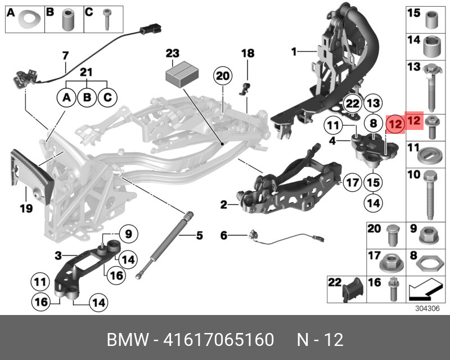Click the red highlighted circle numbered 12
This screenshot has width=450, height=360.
(395, 123)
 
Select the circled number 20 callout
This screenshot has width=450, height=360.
(223, 75)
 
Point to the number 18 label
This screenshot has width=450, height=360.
(247, 53)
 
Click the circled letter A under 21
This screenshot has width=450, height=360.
(66, 98)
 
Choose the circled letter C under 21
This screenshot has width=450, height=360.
(106, 98)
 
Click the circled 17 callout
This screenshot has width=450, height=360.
(352, 183)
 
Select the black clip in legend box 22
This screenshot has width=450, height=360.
(352, 287)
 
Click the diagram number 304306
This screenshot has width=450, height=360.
(425, 308)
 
